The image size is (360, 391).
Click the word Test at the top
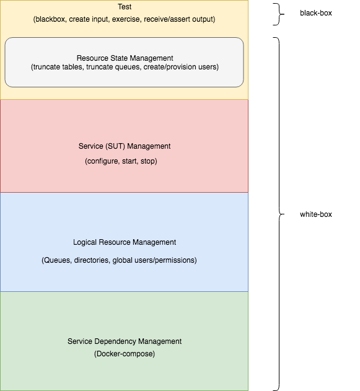tap(125, 7)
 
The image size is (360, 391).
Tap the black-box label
tap(316, 13)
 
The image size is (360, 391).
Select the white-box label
tap(316, 214)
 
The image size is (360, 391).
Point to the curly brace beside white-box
tap(279, 214)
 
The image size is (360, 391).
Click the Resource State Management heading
tap(125, 58)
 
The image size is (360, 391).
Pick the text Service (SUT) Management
tap(125, 146)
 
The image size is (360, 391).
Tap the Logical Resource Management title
tap(125, 242)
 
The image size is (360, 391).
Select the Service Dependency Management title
tap(125, 341)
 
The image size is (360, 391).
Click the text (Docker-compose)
tap(125, 354)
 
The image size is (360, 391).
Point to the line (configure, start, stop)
tap(121, 161)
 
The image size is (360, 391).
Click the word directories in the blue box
tap(92, 260)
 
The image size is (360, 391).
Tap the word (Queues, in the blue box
tap(56, 260)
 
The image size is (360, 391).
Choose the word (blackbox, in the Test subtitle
tap(50, 19)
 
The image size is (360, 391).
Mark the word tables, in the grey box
tap(73, 67)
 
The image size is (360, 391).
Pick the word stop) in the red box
tap(149, 161)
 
